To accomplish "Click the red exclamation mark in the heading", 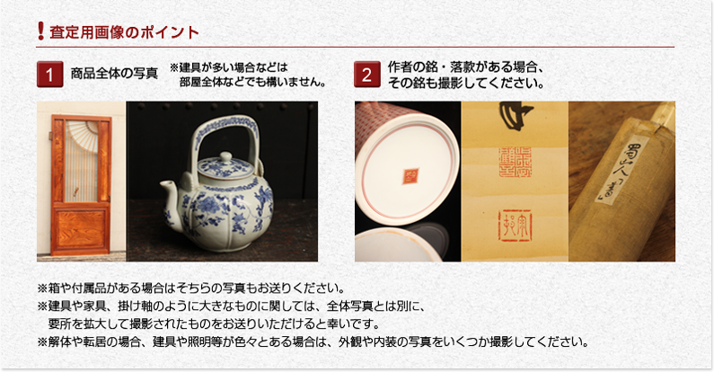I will (x=41, y=32).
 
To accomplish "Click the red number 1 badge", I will (x=49, y=74).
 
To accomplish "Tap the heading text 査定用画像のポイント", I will (x=124, y=33).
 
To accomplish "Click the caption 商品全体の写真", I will (x=114, y=73).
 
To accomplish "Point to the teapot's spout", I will (x=168, y=190).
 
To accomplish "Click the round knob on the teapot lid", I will (x=225, y=158).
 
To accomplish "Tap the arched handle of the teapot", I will (x=225, y=126).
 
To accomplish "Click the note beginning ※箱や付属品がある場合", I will (x=190, y=288).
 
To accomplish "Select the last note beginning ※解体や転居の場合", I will (x=313, y=341).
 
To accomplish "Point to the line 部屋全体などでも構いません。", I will (x=251, y=82).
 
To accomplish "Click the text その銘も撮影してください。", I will (x=466, y=83).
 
